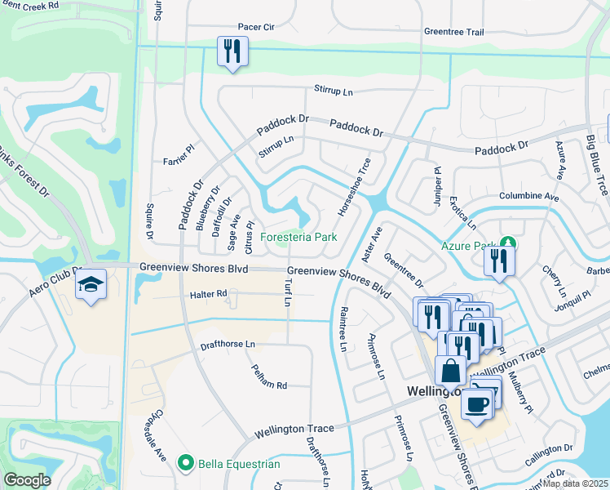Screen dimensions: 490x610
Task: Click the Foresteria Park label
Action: tap(298, 238)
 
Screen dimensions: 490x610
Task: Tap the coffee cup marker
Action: tap(477, 403)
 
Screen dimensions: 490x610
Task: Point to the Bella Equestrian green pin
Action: tap(186, 464)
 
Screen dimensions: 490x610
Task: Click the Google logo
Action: tap(27, 479)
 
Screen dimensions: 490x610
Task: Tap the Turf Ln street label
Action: tap(287, 290)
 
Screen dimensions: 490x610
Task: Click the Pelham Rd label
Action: tap(269, 376)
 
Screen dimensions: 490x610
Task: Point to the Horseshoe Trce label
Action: tap(355, 187)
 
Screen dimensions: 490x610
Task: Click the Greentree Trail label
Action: tap(453, 32)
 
